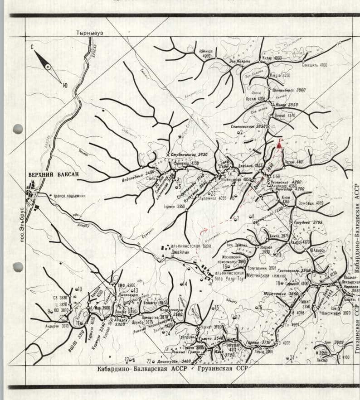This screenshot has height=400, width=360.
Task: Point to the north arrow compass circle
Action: click(48, 67)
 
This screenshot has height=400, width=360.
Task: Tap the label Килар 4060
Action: click(272, 58)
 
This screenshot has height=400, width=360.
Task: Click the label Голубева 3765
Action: click(310, 222)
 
